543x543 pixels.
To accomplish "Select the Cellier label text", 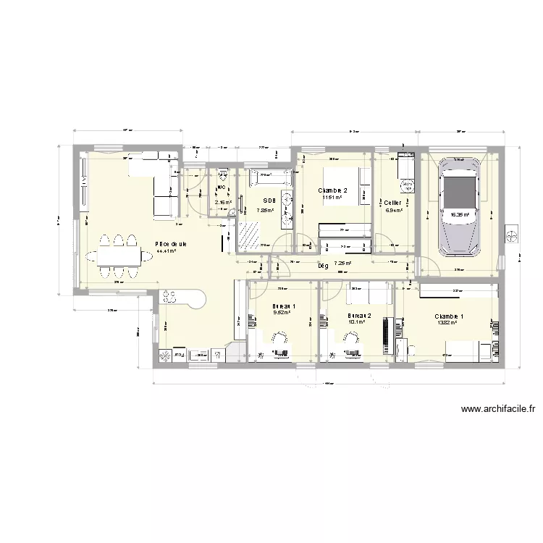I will click(x=393, y=203).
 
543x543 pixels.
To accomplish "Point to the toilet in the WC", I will click(x=222, y=176).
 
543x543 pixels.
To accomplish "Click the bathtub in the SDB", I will click(x=270, y=174).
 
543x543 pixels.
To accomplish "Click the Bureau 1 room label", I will click(x=284, y=306).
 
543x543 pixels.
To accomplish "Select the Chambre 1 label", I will click(x=450, y=316).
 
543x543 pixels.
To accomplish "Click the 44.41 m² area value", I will click(x=167, y=252).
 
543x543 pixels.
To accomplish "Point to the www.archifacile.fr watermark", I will click(x=497, y=410).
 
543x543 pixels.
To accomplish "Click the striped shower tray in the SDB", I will click(x=249, y=233).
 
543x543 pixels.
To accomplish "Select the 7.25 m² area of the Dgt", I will click(x=342, y=264).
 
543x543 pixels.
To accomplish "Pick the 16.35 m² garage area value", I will click(x=460, y=214).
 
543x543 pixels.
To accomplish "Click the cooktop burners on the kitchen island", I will click(x=172, y=295).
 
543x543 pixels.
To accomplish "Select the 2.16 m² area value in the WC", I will click(x=222, y=203).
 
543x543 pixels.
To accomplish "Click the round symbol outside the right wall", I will click(x=511, y=236).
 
